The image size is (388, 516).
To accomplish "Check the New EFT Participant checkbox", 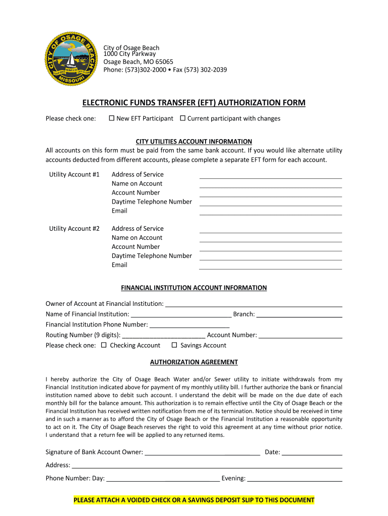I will point(111,118).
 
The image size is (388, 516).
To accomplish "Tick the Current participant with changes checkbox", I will point(183,118).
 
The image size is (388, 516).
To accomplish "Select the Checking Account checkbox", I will point(104,345).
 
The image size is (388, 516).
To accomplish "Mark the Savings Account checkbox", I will point(174,345).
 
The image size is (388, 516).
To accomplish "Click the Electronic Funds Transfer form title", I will point(194,103).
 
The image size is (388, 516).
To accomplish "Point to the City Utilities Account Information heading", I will point(194,142).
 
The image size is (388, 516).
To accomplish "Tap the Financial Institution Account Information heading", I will point(194,288).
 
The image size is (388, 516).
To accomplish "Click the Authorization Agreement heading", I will point(194,362).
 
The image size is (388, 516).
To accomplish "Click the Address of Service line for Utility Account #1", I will point(271,175).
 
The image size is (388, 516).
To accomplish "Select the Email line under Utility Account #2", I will point(271,266).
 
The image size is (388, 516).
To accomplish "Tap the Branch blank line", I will point(300,315).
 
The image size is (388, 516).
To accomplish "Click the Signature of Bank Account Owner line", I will point(202,453).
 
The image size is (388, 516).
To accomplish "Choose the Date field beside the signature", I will point(312,453).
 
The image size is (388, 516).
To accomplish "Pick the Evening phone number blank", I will point(295,479).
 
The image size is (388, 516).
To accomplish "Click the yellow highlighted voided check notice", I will point(194,500).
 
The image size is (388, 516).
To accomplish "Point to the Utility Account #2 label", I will point(74,228).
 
